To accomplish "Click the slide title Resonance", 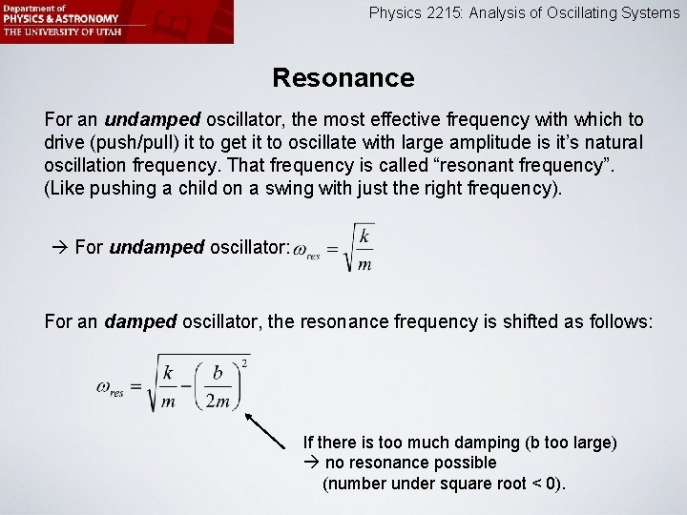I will click(x=343, y=77).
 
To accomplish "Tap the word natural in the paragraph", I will click(x=612, y=143).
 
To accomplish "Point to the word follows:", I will click(x=621, y=321).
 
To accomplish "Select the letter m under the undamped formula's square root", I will click(x=364, y=265).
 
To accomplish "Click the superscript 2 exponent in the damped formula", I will click(x=245, y=362).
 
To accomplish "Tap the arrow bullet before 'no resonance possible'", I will click(x=311, y=463).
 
